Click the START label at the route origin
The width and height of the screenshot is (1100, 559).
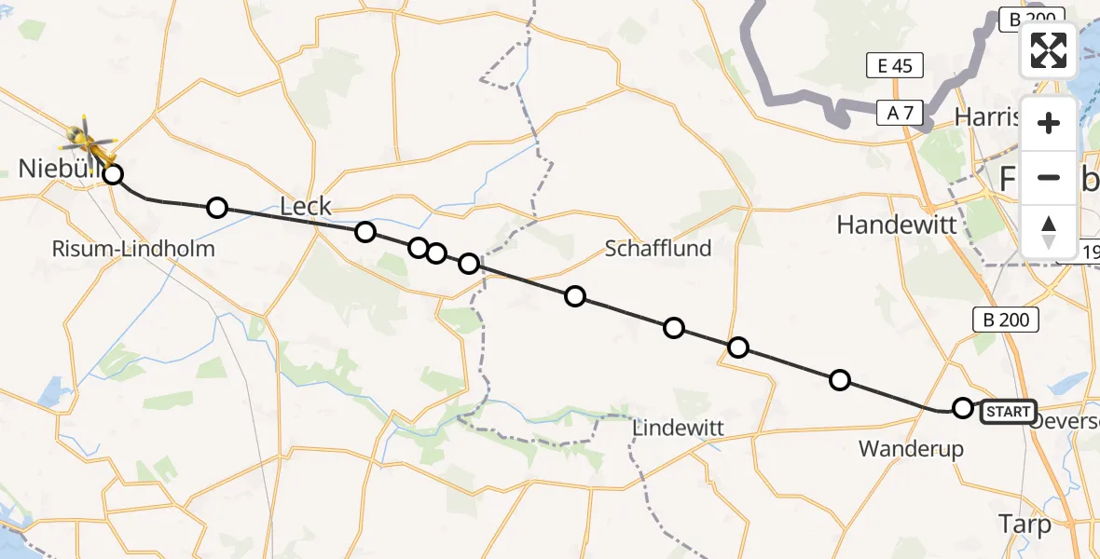coord(1008,412)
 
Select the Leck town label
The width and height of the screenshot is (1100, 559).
coord(306,206)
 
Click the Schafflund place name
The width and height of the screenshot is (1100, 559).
coord(657,248)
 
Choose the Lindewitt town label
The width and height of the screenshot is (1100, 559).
coord(679,428)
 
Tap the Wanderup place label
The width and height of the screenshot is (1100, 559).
coord(911,449)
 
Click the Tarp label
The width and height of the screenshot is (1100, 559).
coord(1024,523)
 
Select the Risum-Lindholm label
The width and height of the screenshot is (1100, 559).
coord(134,249)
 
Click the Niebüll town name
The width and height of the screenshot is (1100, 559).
coord(54,169)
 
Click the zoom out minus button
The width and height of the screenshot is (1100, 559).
coord(1049,177)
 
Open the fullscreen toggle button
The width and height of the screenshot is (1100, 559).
coord(1049,49)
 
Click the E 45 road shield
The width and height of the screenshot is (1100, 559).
coord(894,64)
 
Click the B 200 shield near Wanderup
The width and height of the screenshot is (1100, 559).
coord(1006,320)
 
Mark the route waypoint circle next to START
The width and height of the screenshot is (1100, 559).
coord(963,407)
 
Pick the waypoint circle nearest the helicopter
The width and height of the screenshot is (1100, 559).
coord(113,174)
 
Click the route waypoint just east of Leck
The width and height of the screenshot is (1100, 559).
coord(364,232)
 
